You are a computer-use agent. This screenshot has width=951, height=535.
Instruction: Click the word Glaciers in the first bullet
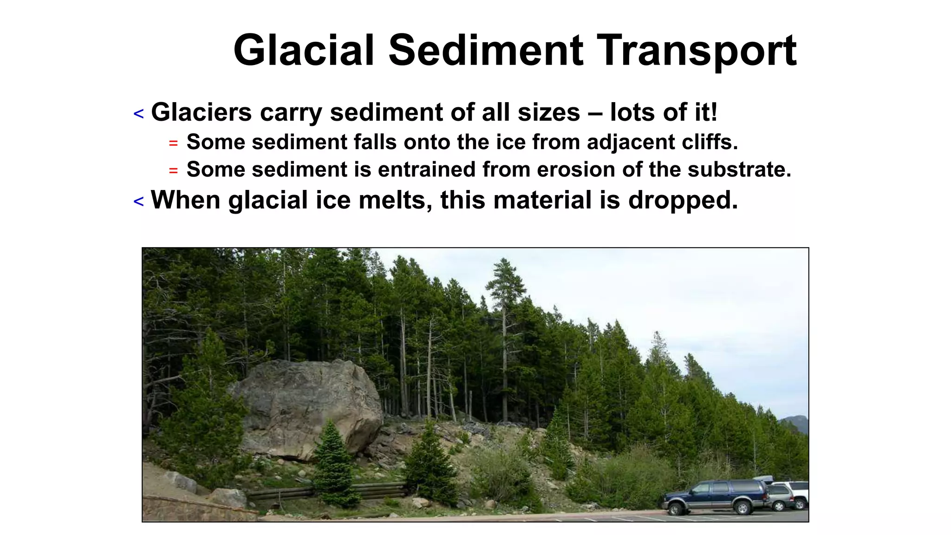202,112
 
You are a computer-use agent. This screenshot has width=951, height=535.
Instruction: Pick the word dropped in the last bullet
683,200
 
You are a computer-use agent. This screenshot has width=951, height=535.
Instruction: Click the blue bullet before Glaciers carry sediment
138,114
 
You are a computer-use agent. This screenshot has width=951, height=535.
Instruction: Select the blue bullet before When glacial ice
138,202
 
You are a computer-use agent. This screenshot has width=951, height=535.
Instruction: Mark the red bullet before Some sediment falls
173,143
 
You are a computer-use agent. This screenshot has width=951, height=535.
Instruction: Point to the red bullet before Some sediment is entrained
173,171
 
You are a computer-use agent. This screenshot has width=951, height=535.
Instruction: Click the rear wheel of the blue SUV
743,508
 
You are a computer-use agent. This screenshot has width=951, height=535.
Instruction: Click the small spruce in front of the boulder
333,464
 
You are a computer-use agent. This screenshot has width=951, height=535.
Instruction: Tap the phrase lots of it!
664,112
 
